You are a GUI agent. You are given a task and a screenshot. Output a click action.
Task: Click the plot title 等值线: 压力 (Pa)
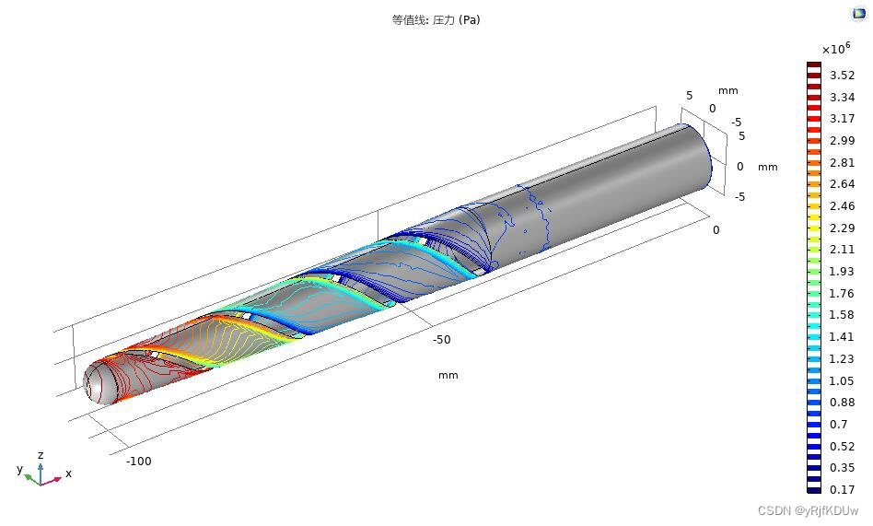[436, 20]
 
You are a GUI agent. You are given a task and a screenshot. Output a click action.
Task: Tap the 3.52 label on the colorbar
[842, 76]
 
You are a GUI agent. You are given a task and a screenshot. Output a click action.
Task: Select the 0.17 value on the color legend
[842, 490]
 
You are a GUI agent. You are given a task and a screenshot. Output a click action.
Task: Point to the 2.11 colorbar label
[842, 249]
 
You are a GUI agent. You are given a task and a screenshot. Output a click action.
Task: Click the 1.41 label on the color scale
[842, 336]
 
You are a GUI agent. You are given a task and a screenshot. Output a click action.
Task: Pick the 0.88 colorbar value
[842, 403]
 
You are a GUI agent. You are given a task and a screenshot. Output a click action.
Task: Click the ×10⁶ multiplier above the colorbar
[836, 49]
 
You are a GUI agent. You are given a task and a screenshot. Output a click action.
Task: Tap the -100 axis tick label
[139, 462]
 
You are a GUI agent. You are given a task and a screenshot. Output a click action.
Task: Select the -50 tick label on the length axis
[441, 339]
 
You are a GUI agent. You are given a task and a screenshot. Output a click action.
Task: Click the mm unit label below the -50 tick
[448, 376]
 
